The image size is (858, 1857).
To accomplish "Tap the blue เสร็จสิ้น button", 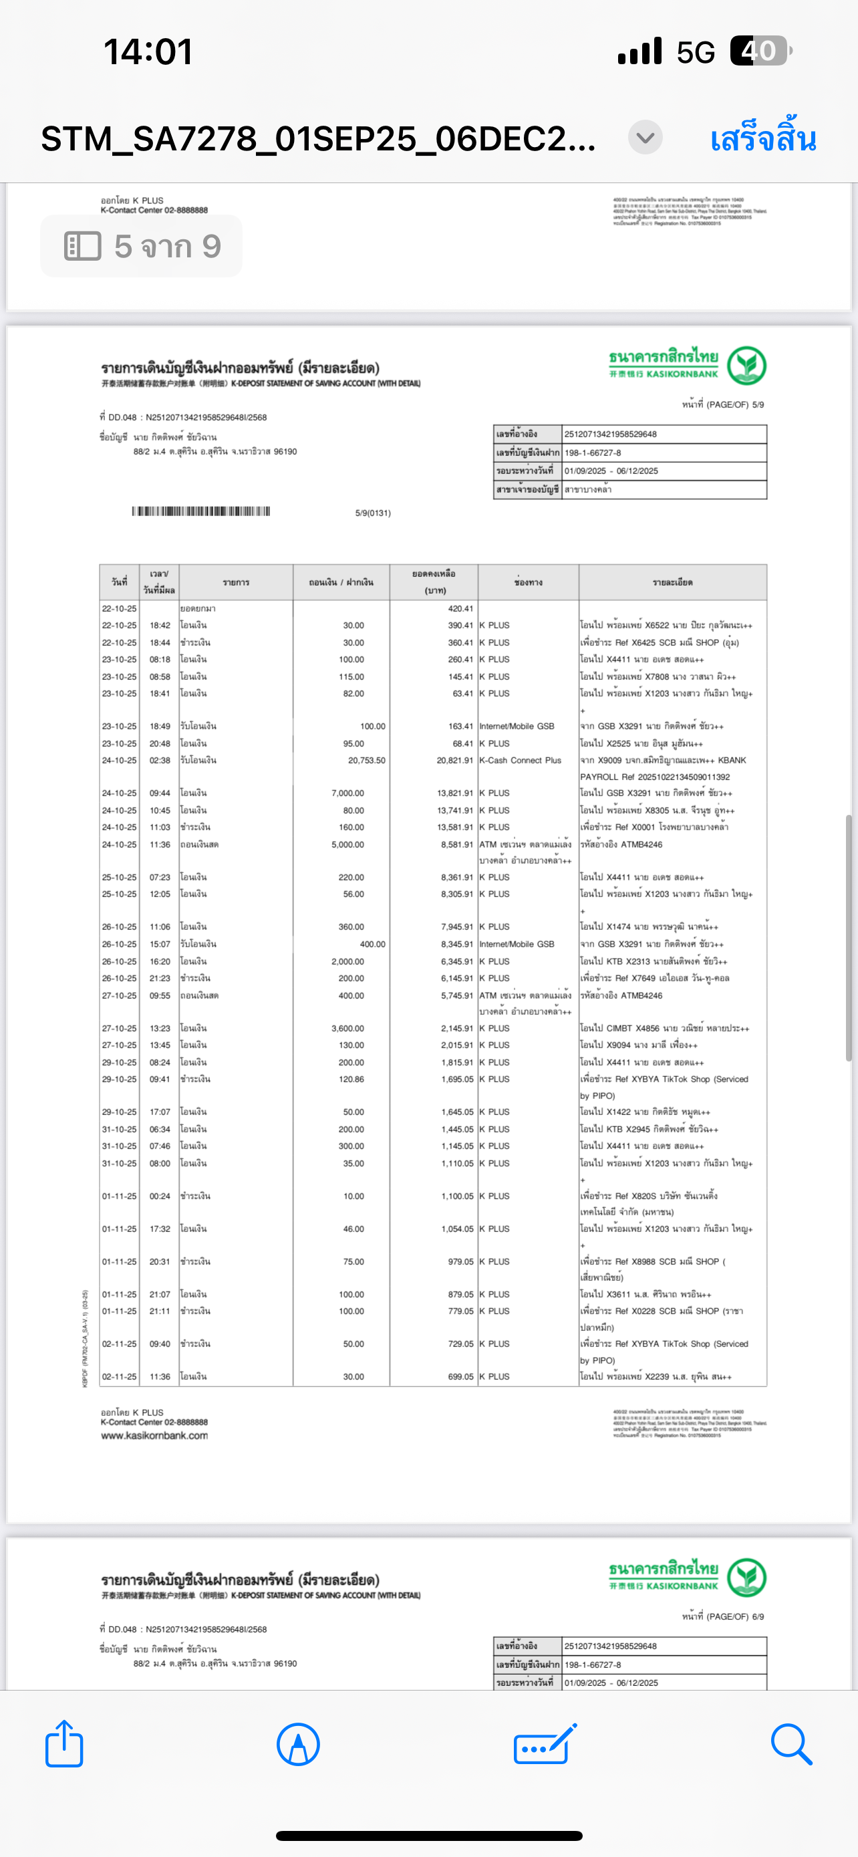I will click(762, 138).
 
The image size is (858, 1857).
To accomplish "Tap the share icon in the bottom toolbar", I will click(64, 1745).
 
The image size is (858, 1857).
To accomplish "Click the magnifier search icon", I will click(791, 1745).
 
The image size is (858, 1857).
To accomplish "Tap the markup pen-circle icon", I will click(297, 1745).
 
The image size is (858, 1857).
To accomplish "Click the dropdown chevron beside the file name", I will click(645, 137).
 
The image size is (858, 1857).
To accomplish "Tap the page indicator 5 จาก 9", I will click(141, 247).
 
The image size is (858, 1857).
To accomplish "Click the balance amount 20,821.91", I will click(454, 761).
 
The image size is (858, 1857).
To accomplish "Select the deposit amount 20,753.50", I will click(366, 761).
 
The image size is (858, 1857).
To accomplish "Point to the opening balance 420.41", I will click(460, 608).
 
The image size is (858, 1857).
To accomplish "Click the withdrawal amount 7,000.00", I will click(347, 793).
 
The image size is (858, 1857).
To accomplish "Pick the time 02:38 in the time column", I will click(160, 761).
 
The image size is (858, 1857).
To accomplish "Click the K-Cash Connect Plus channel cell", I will click(520, 761).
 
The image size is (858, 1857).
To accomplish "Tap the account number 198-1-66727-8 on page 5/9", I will click(593, 453).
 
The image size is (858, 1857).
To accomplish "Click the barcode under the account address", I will click(201, 511).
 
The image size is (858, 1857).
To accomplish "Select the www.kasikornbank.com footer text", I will click(154, 1435).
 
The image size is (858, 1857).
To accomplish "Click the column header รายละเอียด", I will click(672, 582).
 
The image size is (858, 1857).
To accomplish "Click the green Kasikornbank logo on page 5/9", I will click(746, 365).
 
